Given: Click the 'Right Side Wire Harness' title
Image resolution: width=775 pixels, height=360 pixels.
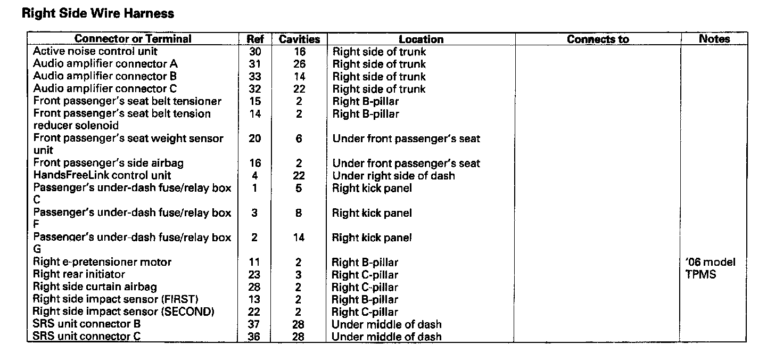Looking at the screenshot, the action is coord(98,13).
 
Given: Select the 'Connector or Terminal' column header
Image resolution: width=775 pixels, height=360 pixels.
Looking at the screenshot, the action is coord(133,39).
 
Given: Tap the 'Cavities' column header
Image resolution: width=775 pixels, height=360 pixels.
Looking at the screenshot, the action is coord(299,39).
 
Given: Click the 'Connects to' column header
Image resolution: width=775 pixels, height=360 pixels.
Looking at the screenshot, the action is coord(598,39).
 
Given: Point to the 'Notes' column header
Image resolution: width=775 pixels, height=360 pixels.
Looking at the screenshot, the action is coord(714,39).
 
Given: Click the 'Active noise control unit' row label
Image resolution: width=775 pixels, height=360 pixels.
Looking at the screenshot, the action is coord(95,52).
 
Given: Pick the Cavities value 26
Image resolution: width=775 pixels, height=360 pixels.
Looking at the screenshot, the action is coord(299,64).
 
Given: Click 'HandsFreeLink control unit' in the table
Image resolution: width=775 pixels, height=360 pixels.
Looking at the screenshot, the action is coord(102,175).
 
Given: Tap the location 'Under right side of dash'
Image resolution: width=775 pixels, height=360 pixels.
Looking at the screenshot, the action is coord(393,175).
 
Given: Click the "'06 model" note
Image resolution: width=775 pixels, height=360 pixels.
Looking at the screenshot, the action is coord(711,262).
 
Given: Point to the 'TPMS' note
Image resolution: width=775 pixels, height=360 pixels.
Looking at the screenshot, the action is coord(701,275).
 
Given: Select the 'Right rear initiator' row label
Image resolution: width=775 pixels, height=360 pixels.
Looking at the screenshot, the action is coord(79,275).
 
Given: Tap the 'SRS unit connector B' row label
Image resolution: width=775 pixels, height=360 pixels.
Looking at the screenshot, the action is coord(87,324).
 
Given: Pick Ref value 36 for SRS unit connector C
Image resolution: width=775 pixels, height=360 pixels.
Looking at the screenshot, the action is coord(254,337).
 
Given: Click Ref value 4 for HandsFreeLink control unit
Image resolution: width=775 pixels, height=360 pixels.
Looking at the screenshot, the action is coord(254,175).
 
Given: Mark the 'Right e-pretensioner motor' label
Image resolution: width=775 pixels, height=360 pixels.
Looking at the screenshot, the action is coord(102,262).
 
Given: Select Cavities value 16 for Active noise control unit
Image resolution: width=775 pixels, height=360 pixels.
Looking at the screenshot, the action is coord(299,52).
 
